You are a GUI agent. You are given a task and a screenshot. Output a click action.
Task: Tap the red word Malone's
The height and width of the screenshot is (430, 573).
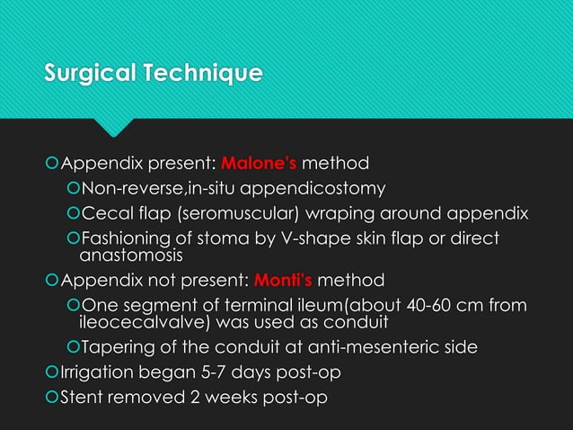point(259,165)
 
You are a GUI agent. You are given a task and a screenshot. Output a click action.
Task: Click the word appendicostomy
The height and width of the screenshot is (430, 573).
point(314,189)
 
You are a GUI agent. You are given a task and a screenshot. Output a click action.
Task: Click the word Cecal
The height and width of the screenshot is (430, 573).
point(104,213)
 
